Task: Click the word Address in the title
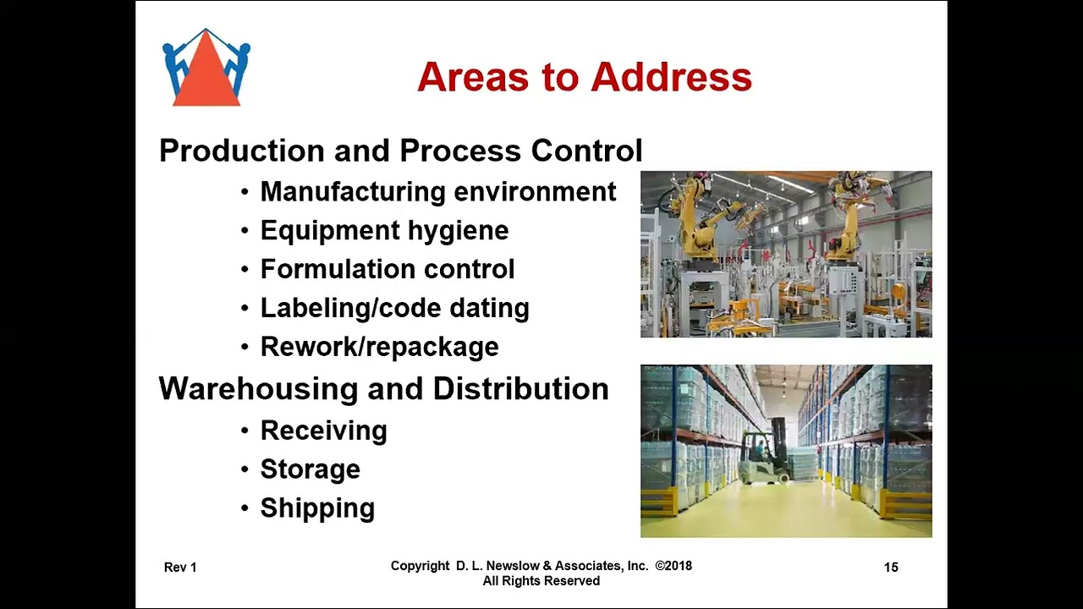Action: [x=671, y=77]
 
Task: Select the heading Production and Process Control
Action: [x=400, y=151]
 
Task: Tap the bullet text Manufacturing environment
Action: [x=437, y=192]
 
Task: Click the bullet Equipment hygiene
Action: [x=384, y=231]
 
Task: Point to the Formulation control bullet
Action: [x=387, y=270]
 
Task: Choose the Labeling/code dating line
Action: [x=394, y=308]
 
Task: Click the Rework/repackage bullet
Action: [x=379, y=347]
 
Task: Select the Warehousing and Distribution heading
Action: [x=383, y=389]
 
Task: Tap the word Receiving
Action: [x=323, y=431]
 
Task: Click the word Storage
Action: [x=310, y=469]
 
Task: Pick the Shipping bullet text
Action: [x=317, y=508]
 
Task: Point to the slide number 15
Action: [x=891, y=568]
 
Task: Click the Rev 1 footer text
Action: [x=180, y=568]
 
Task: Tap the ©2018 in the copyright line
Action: [x=673, y=566]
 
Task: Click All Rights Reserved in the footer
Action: [x=541, y=581]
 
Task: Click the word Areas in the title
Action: [x=473, y=77]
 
